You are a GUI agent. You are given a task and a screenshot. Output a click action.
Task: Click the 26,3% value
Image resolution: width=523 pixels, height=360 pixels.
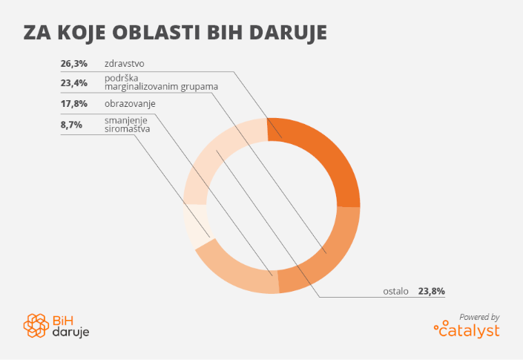pos(74,63)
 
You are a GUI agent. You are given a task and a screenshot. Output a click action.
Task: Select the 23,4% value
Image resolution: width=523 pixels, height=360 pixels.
pos(74,82)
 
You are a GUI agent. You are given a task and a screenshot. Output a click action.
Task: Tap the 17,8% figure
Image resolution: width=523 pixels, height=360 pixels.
pos(74,104)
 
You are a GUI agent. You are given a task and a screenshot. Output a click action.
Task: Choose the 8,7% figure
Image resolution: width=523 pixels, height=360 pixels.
pos(71,125)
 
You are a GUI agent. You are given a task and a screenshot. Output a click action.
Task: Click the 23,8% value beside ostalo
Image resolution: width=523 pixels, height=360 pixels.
pos(432,291)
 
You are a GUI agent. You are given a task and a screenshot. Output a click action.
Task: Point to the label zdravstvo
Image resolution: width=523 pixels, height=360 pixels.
pos(125,63)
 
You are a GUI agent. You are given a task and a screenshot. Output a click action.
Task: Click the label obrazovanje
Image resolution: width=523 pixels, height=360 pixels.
pos(130,104)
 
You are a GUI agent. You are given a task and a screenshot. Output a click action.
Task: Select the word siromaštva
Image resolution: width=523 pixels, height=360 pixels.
pos(128,129)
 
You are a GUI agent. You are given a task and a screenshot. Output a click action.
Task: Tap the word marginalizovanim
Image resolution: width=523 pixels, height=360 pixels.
pos(142,87)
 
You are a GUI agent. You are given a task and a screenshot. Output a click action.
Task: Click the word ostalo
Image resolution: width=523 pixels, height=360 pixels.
pos(395,291)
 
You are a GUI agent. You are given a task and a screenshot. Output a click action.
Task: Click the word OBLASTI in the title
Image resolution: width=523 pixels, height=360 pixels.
pos(156,33)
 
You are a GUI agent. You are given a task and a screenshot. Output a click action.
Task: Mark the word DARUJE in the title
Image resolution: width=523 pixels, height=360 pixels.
pos(288,33)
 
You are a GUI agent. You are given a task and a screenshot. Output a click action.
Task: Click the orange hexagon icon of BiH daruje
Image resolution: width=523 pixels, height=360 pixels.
pos(36,325)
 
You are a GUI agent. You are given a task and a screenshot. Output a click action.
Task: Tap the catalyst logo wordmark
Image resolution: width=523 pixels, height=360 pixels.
pos(467,330)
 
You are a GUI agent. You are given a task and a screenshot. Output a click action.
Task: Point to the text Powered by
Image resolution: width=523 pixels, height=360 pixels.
pos(479,317)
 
